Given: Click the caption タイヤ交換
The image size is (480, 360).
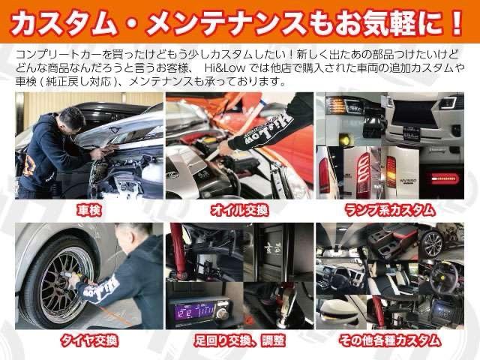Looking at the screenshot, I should click(88, 340).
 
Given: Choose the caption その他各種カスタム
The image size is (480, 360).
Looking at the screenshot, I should click(388, 340).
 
